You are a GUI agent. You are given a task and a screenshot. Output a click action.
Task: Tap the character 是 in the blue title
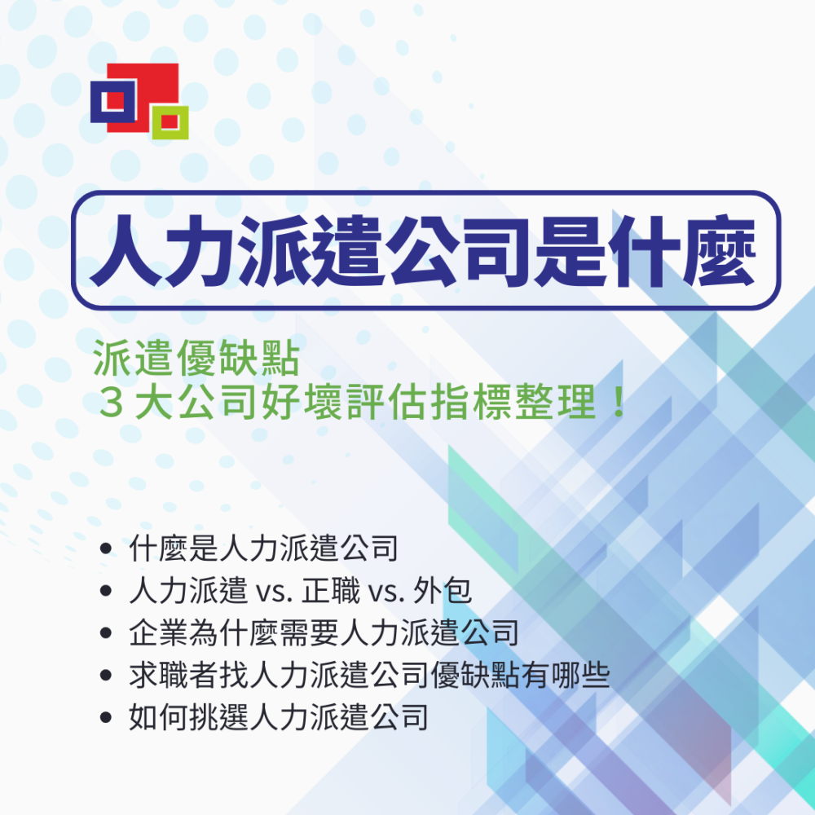(570, 251)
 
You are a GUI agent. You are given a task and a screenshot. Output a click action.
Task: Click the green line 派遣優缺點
(196, 358)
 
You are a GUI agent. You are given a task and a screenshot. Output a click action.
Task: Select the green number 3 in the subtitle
(111, 402)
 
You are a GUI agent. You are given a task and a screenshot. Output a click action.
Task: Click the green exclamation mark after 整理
(619, 402)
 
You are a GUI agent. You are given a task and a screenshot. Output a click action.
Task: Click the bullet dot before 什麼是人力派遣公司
(106, 548)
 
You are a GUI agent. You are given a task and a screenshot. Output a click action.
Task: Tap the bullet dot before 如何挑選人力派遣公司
(106, 717)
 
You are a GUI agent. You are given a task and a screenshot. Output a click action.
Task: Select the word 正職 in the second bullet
(331, 591)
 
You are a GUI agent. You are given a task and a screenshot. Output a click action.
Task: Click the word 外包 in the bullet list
(443, 591)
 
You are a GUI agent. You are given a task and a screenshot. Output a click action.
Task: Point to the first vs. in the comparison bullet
(274, 593)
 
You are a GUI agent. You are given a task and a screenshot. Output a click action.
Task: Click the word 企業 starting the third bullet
(159, 633)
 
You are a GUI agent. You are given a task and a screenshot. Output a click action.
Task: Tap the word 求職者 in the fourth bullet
(174, 675)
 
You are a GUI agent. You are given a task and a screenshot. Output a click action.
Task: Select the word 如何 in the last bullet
(159, 717)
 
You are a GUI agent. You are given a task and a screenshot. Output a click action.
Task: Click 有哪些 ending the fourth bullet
(566, 675)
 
